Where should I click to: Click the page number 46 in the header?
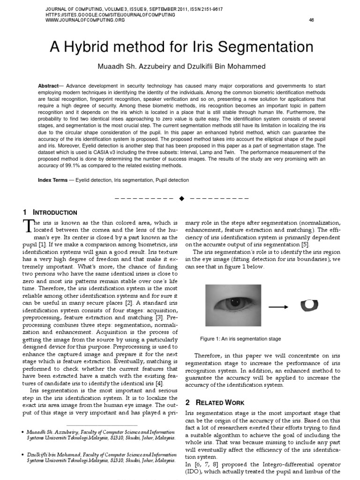pyautogui.click(x=311, y=20)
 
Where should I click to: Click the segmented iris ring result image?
pyautogui.click(x=309, y=306)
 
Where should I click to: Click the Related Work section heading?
pyautogui.click(x=216, y=403)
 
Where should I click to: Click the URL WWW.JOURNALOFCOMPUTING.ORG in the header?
pyautogui.click(x=79, y=20)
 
